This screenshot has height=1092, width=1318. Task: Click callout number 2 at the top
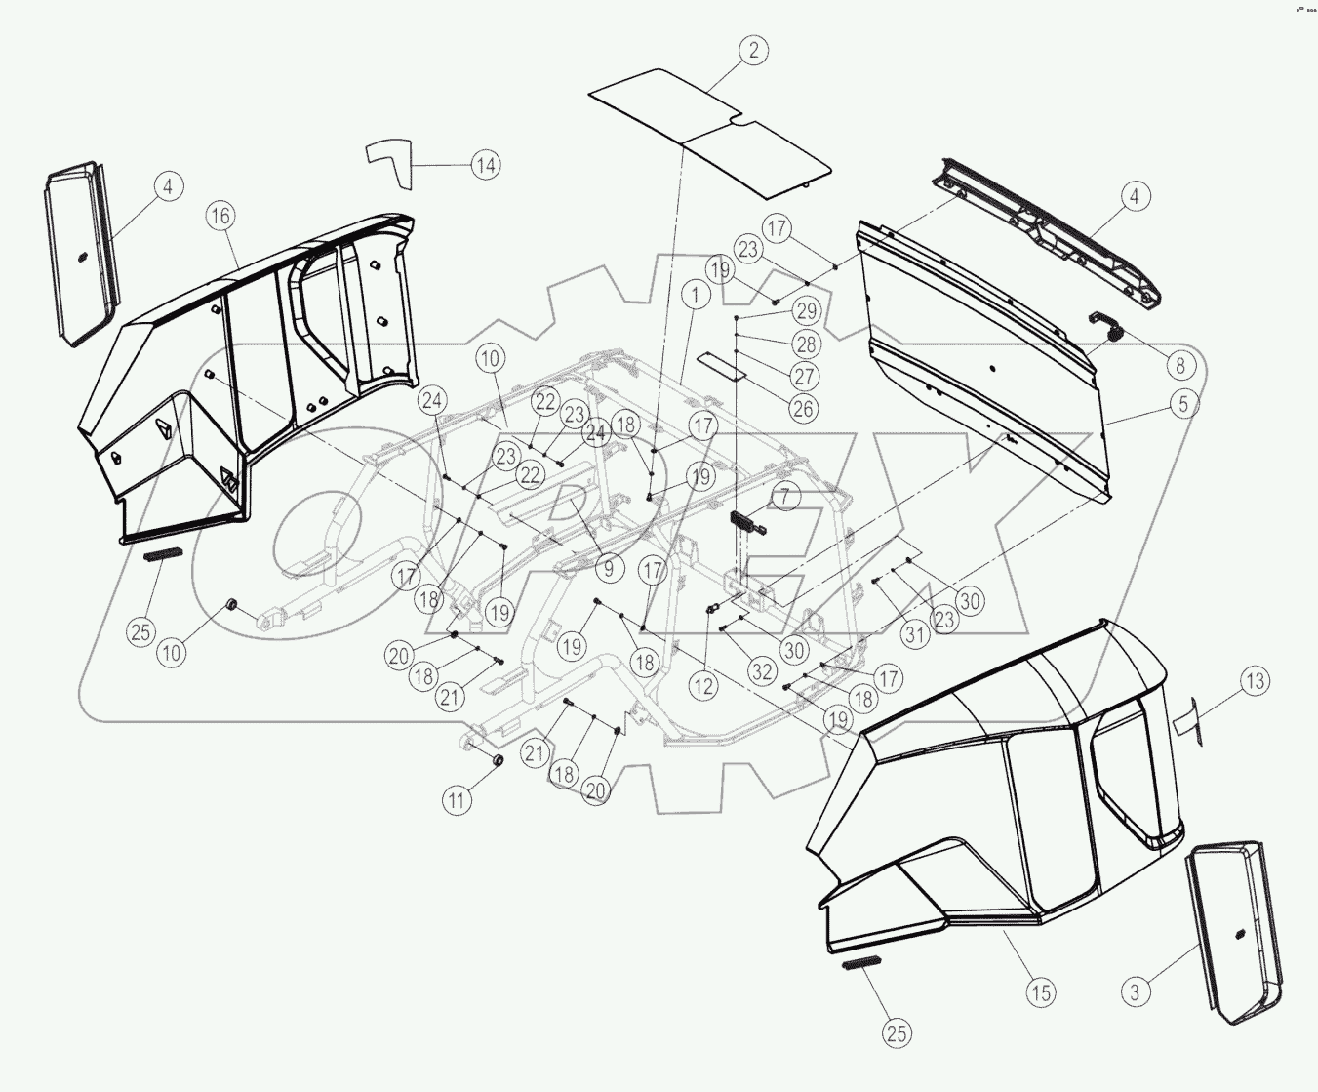(x=753, y=50)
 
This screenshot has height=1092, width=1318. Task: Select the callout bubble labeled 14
(x=485, y=165)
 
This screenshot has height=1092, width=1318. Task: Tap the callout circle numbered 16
(x=220, y=216)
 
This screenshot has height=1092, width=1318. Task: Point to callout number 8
(x=1180, y=365)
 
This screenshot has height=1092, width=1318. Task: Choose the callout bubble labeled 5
(x=1183, y=403)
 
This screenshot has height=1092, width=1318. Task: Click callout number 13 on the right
(x=1256, y=681)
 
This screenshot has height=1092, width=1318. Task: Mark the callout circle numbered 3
(x=1135, y=992)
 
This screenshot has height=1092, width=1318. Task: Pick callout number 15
(x=1041, y=992)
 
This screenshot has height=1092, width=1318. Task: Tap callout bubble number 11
(x=457, y=800)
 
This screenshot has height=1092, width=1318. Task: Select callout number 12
(x=702, y=686)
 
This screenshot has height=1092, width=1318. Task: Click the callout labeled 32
(x=761, y=671)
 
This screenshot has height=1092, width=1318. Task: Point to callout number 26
(x=803, y=409)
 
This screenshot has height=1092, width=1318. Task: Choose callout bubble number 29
(x=806, y=311)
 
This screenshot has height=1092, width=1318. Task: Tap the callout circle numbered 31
(x=914, y=635)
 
